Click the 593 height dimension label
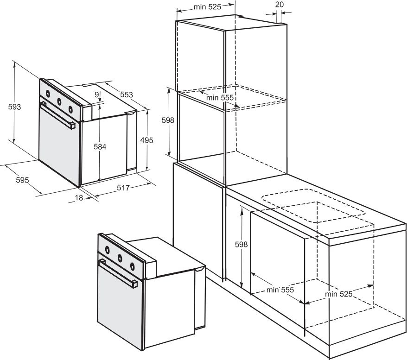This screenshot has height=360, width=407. [x=14, y=107]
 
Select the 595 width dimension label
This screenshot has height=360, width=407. [x=22, y=180]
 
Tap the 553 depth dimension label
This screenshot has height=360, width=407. [x=127, y=95]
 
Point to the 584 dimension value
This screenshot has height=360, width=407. [x=100, y=147]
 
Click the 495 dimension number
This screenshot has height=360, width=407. [x=146, y=140]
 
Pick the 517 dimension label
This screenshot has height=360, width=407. [x=123, y=188]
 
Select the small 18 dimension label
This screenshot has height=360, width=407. [x=79, y=198]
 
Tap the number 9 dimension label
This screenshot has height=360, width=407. [x=97, y=95]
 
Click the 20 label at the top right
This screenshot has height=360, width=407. [x=280, y=5]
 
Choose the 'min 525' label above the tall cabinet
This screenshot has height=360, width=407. [x=207, y=7]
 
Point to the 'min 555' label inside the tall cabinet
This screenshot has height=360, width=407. [x=220, y=97]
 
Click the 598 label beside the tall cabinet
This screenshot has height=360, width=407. [x=168, y=120]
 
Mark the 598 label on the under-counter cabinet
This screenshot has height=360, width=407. [x=242, y=244]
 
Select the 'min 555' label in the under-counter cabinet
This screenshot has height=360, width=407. [x=280, y=290]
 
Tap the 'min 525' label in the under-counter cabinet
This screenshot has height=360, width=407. [x=339, y=294]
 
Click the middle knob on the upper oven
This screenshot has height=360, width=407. [x=59, y=101]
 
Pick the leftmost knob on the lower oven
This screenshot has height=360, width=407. [x=107, y=250]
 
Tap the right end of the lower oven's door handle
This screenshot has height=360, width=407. [x=134, y=284]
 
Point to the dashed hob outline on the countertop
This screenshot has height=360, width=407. [x=313, y=205]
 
